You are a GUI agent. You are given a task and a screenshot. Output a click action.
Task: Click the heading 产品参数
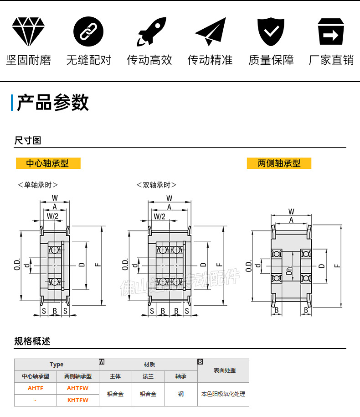point(52,103)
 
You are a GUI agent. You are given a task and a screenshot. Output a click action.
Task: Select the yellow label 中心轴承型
point(48,163)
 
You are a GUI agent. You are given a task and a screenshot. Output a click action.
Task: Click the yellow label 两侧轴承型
point(279,163)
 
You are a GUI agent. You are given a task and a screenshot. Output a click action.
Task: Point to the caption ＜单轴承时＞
point(38,185)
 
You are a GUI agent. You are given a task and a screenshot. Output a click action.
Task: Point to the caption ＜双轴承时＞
point(156,185)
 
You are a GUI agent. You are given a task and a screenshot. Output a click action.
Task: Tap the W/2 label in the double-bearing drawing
point(159,216)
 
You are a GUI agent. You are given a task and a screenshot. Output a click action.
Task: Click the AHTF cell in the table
point(35,388)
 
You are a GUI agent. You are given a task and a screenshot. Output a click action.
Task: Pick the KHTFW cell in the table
point(77,400)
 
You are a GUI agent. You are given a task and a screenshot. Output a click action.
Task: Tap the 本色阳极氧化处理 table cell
point(223,394)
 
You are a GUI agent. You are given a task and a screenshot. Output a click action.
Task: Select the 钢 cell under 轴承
point(181,394)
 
